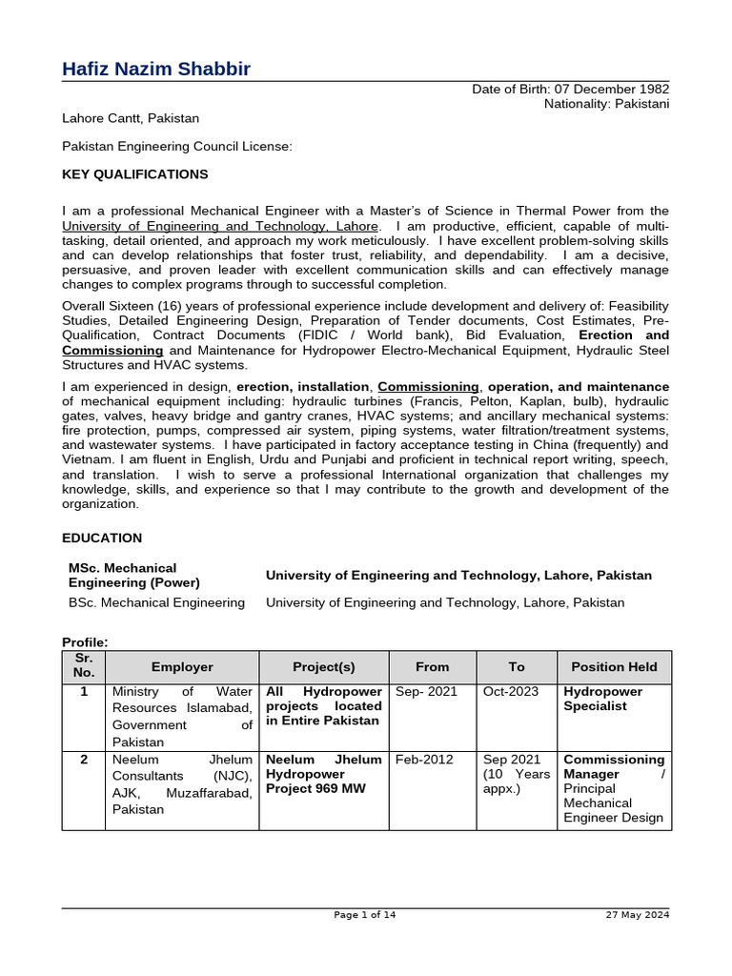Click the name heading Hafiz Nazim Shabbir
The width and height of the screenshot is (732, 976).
[x=156, y=69]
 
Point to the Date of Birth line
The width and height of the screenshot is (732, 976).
[x=570, y=89]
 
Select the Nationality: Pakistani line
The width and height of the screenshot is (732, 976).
[x=606, y=103]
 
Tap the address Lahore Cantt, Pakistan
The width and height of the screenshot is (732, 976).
[x=131, y=118]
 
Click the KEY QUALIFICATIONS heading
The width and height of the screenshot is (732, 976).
[x=134, y=174]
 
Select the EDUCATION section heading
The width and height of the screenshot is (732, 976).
[x=102, y=539]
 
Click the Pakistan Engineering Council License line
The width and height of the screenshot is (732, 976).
[x=176, y=147]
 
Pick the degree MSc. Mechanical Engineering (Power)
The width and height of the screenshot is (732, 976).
[x=134, y=575]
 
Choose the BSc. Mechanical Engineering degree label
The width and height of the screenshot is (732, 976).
[x=156, y=602]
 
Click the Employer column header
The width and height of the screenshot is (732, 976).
[x=182, y=667]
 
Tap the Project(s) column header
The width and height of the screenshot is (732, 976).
[x=323, y=667]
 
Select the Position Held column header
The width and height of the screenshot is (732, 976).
[x=614, y=667]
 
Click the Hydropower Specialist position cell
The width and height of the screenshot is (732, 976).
[x=602, y=699]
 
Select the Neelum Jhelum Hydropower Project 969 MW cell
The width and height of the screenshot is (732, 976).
[x=323, y=774]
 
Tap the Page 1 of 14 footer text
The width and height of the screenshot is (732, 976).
[x=365, y=915]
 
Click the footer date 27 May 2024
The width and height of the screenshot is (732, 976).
[x=638, y=915]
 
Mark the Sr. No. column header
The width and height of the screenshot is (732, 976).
[x=83, y=666]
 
